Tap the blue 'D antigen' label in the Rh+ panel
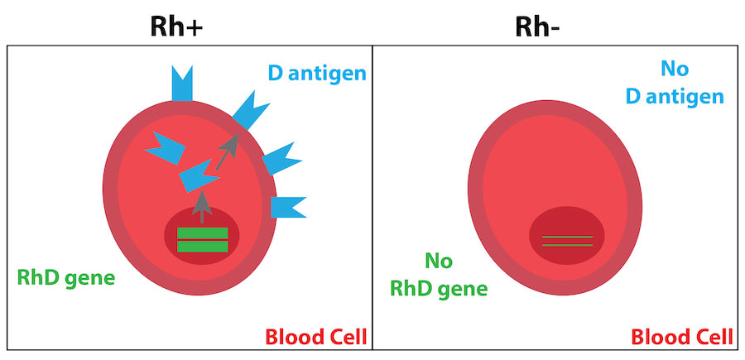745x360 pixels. (x=316, y=74)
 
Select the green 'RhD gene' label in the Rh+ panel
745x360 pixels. (x=66, y=277)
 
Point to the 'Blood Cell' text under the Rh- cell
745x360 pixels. (x=681, y=337)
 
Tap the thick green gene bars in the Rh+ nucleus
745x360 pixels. (x=203, y=240)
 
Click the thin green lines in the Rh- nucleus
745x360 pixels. (x=567, y=241)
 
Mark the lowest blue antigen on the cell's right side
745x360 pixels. (x=287, y=206)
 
